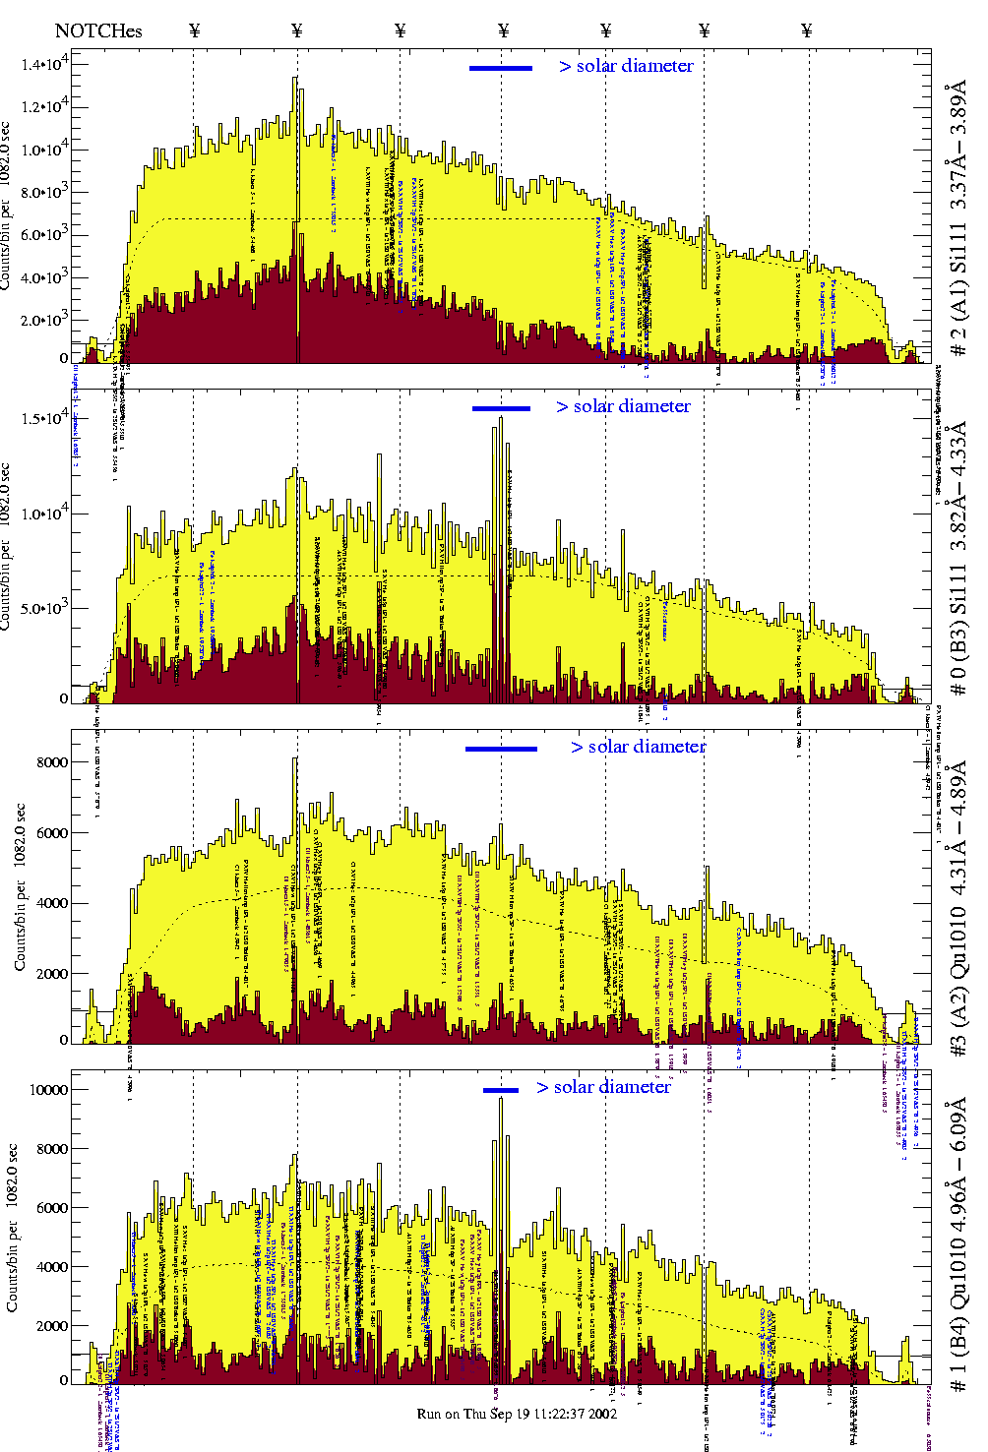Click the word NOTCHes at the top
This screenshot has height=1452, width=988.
98,30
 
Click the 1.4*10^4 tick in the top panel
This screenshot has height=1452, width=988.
44,65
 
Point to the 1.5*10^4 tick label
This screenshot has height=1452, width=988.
44,418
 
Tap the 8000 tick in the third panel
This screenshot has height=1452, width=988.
51,762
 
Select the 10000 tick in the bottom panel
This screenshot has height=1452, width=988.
48,1090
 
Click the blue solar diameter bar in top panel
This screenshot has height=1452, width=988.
501,68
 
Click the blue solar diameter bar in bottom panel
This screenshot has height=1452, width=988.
501,1090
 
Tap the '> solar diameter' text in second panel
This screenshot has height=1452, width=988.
623,406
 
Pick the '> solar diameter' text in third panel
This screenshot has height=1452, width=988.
638,747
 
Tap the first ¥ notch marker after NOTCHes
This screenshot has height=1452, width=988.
194,30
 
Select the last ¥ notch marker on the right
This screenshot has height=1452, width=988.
807,30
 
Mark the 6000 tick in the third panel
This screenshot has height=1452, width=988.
51,833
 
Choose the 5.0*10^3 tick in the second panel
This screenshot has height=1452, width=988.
44,608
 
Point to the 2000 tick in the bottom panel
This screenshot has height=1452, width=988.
51,1326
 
